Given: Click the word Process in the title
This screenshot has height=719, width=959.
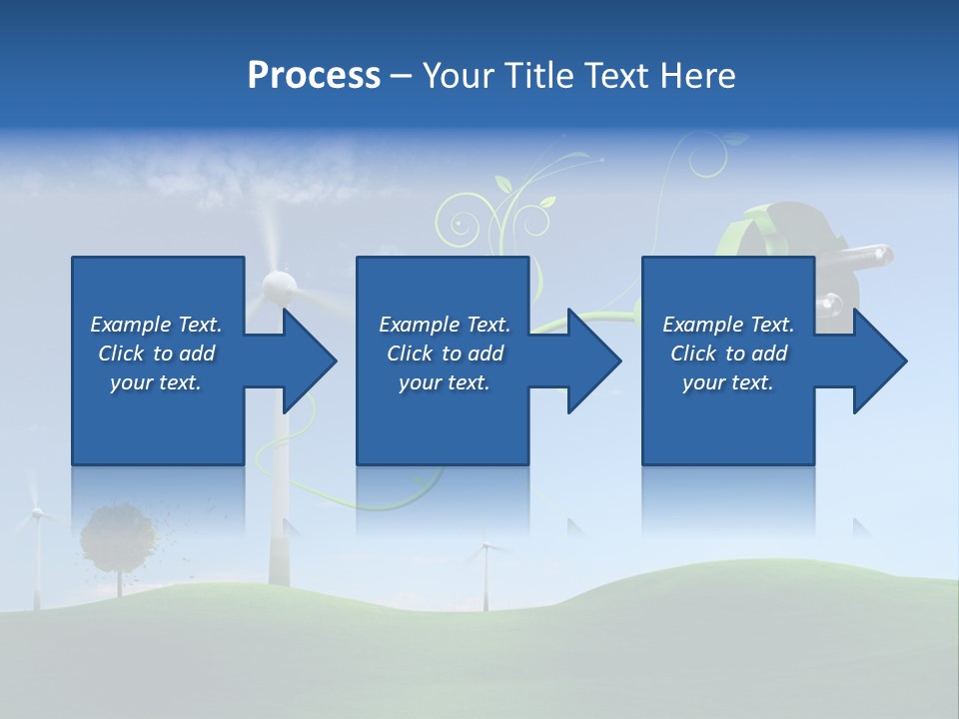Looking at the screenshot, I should tap(314, 76).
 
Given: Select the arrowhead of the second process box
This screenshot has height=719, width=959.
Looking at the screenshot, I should tap(594, 360).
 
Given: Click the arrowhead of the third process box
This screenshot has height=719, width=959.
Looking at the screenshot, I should tap(880, 360).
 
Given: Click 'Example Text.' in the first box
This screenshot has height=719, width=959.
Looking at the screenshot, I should tap(156, 325).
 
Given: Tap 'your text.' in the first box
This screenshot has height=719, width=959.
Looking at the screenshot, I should tap(156, 382).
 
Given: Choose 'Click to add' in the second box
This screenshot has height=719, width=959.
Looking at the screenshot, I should tap(445, 354).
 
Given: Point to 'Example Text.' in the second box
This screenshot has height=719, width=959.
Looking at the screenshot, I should tap(445, 325).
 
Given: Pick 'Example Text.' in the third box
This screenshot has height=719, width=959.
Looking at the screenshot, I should tap(728, 325).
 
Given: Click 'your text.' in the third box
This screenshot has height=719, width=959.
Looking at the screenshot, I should tap(728, 382).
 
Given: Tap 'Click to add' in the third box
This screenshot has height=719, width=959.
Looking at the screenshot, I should tap(728, 354).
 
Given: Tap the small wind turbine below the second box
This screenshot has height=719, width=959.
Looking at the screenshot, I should tap(485, 549).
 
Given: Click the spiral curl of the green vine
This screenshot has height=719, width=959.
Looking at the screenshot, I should tap(461, 223).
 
